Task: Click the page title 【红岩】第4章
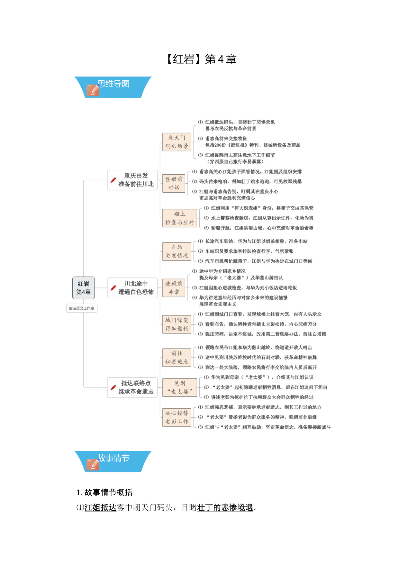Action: (x=200, y=59)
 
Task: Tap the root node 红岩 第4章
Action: (x=84, y=288)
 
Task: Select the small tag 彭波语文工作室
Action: (x=82, y=308)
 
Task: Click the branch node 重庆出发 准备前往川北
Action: (x=132, y=180)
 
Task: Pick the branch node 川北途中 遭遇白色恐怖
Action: (x=132, y=288)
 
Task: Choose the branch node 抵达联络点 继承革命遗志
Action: (x=132, y=387)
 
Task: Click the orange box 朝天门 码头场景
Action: (x=177, y=142)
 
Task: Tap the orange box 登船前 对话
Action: (x=174, y=183)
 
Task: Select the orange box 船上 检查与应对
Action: (x=180, y=218)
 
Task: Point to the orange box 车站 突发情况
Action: (x=177, y=251)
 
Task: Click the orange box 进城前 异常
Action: (x=174, y=288)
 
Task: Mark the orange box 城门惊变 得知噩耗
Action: (x=177, y=324)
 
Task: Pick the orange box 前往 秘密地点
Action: (x=177, y=357)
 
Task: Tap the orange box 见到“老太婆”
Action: (x=180, y=387)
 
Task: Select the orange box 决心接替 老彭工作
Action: (x=177, y=417)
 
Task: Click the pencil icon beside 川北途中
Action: (x=113, y=288)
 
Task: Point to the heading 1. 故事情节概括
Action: (x=104, y=492)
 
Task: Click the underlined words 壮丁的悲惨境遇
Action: (x=225, y=507)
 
